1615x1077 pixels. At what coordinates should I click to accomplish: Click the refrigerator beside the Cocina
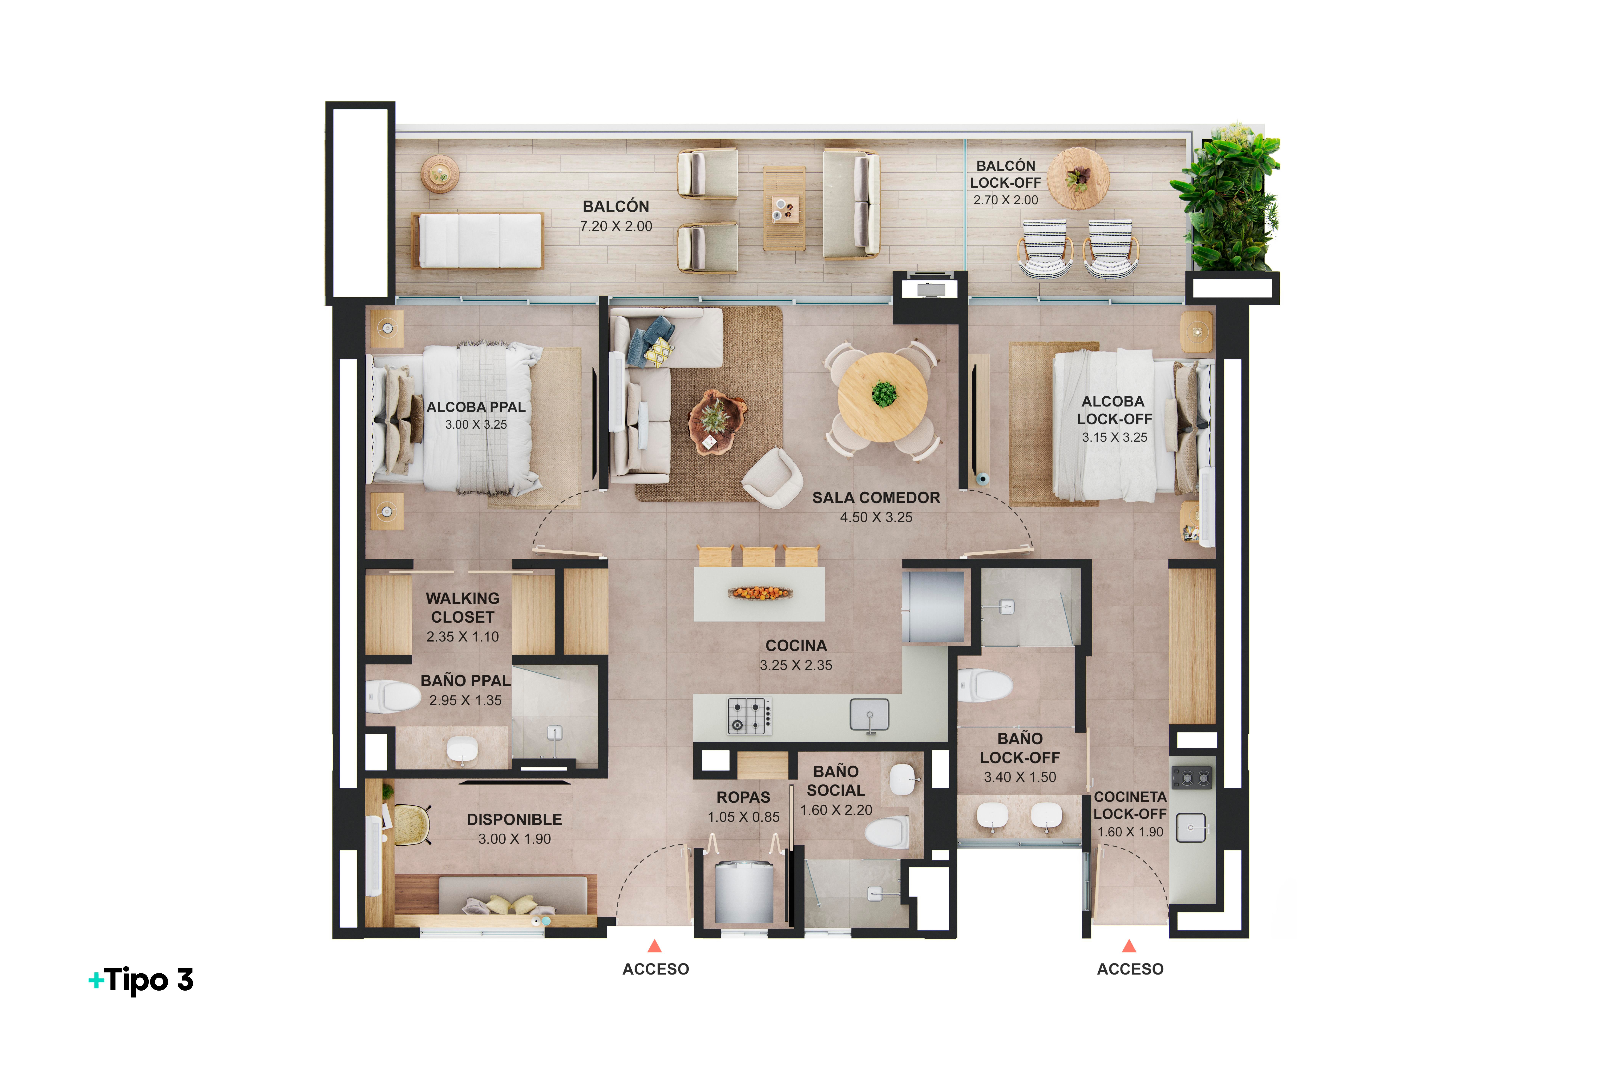point(933,607)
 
